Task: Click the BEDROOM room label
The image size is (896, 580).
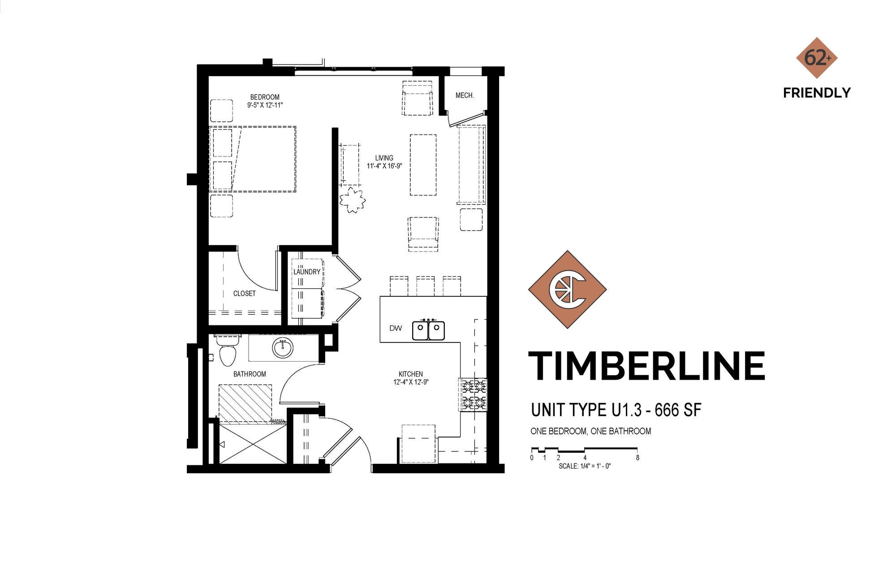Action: tap(265, 97)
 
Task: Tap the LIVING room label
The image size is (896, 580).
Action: tap(384, 158)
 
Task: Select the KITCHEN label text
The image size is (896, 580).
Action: tap(410, 374)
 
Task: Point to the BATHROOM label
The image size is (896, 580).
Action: tap(250, 374)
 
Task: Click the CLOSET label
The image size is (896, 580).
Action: tap(244, 293)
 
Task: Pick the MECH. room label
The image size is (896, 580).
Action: tap(465, 95)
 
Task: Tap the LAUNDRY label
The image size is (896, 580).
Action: tap(307, 272)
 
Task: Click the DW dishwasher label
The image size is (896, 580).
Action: tap(396, 328)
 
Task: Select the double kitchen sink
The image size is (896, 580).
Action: tap(428, 330)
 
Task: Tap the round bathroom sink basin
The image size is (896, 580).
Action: tap(283, 347)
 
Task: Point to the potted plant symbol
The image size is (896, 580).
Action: tap(352, 200)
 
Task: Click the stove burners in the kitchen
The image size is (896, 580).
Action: tap(473, 394)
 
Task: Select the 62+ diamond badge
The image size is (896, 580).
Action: tap(817, 58)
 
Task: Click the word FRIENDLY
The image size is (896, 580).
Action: tap(817, 93)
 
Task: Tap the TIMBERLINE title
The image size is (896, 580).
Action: tap(646, 366)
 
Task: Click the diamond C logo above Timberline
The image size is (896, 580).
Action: tap(567, 290)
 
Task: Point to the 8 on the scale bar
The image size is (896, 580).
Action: tap(637, 458)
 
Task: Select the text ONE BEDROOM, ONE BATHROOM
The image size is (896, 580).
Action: tap(590, 431)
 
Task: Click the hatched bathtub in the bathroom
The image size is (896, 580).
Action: tap(245, 403)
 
